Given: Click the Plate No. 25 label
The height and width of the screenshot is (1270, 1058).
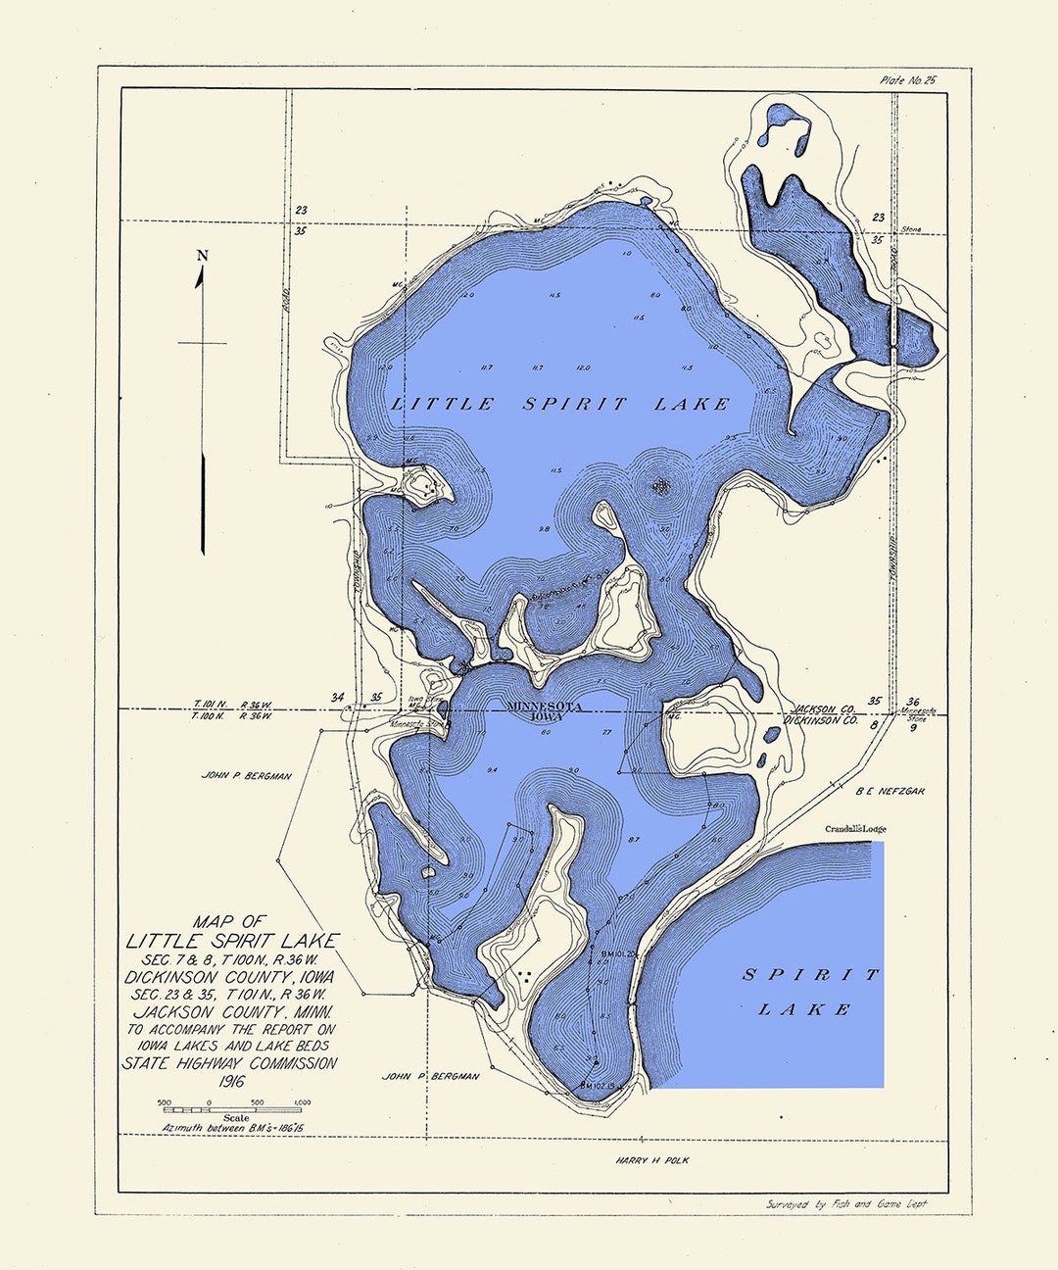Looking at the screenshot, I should click(908, 80).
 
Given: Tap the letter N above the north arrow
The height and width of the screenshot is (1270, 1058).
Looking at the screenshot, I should click(203, 256).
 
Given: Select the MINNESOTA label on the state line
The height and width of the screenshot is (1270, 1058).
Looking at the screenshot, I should click(545, 707).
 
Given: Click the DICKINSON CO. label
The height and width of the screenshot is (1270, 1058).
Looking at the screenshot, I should click(821, 720).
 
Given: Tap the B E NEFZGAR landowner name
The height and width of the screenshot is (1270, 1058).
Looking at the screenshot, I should click(890, 790).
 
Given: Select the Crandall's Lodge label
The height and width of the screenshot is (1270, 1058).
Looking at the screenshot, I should click(855, 829).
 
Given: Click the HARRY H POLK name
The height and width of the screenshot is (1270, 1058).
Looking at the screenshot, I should click(652, 1160).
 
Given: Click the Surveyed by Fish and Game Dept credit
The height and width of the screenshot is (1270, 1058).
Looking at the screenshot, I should click(846, 1204).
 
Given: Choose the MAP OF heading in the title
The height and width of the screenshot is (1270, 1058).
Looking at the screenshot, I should click(228, 921).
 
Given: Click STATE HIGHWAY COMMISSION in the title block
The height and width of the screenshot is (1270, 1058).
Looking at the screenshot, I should click(229, 1063).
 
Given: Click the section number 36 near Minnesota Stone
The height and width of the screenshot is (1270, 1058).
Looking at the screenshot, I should click(913, 702).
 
